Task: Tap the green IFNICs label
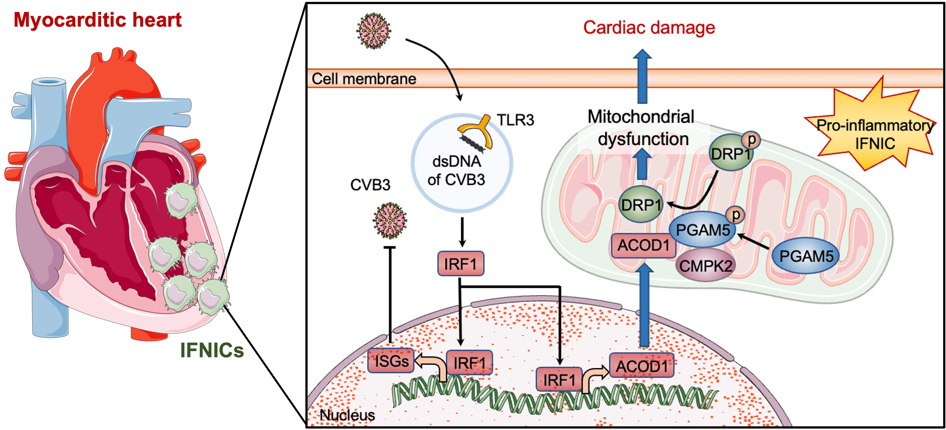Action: (x=212, y=350)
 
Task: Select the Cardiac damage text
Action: (x=649, y=27)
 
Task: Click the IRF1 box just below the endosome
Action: (x=461, y=263)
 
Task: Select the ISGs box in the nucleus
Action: (x=391, y=361)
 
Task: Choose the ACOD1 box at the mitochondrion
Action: (x=643, y=245)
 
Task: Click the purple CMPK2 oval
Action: (x=705, y=265)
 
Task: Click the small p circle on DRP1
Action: (x=751, y=140)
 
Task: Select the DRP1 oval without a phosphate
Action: (x=641, y=205)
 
